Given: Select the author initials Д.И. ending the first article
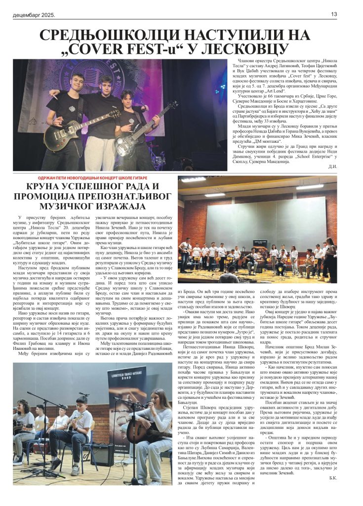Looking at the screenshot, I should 332,166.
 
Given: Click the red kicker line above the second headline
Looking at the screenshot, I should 93,177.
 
